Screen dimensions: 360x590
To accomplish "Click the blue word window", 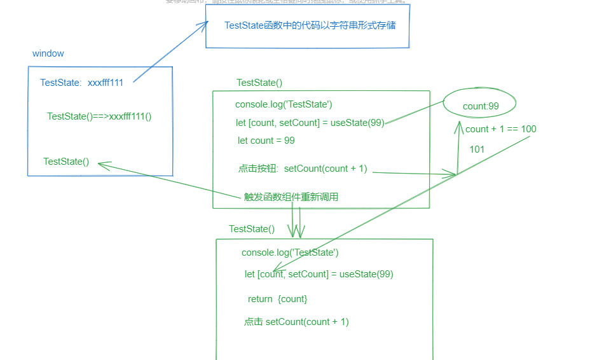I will click(48, 54).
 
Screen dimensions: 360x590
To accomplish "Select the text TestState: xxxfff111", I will click(81, 83).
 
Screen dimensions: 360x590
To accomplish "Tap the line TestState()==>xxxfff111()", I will click(99, 116).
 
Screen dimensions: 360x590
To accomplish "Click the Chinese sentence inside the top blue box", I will click(310, 25).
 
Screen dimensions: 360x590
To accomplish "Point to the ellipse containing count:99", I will click(479, 104).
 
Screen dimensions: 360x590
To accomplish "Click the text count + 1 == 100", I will click(500, 129).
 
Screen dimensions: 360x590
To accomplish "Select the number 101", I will click(477, 149).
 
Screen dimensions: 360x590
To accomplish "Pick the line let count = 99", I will click(266, 141).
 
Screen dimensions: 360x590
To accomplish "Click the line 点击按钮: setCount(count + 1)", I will click(303, 169).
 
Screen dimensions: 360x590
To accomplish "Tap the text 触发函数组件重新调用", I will click(291, 197).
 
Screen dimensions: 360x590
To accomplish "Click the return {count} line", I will click(277, 299).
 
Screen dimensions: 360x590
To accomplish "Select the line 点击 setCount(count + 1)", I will click(296, 322).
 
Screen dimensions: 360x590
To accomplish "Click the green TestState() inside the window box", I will click(66, 162).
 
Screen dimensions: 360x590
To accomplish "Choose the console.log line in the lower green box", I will click(290, 253).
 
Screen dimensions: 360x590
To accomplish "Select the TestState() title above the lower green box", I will click(252, 229).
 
